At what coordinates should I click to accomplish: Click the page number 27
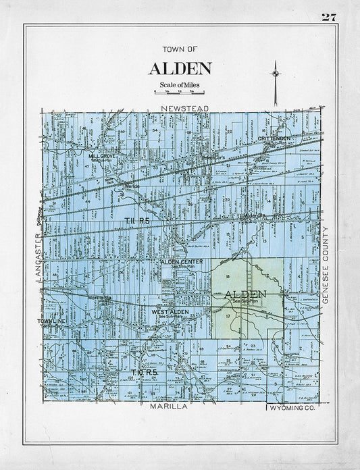(x=330, y=17)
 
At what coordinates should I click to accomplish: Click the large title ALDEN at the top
(x=180, y=69)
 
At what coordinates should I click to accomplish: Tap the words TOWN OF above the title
(x=180, y=49)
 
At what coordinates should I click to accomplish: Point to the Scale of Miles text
(x=179, y=84)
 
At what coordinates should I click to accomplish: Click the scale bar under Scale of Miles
(x=180, y=92)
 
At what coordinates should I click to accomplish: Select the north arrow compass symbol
(x=275, y=74)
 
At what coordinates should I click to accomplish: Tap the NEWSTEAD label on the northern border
(x=181, y=107)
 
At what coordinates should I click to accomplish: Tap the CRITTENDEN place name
(x=274, y=138)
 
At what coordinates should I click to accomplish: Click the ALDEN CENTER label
(x=178, y=261)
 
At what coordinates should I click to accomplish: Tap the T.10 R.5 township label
(x=144, y=372)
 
